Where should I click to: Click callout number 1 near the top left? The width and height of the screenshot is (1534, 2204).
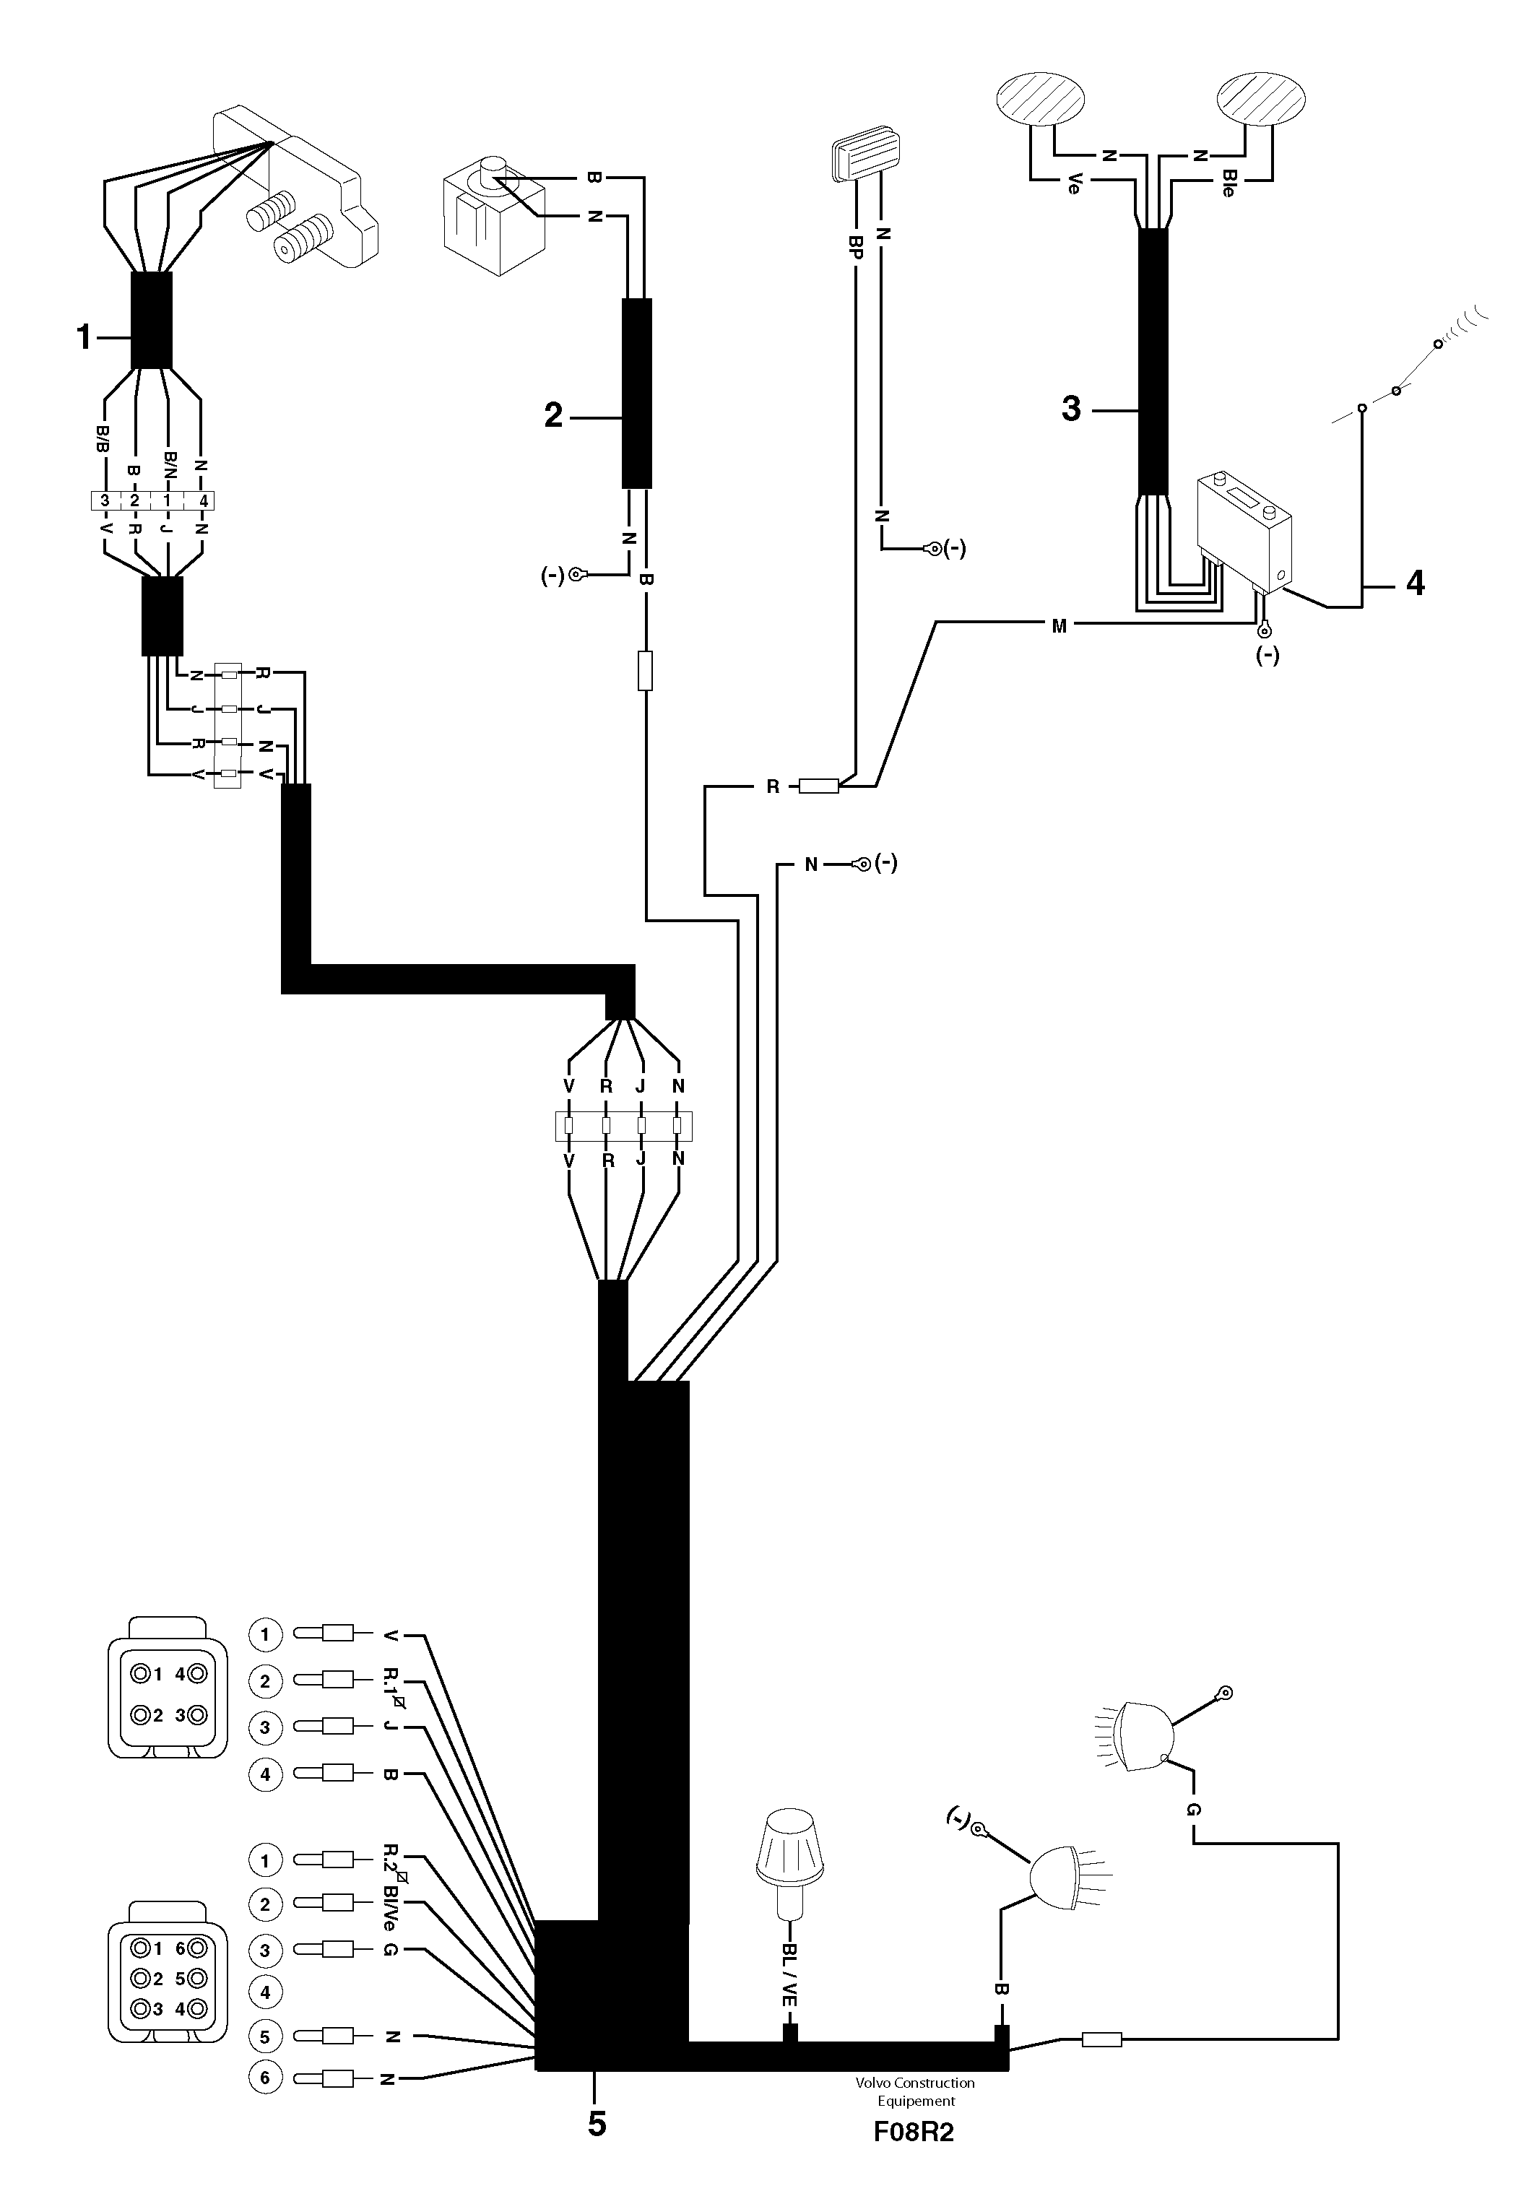coord(84,337)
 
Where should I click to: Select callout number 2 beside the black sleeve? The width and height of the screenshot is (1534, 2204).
coord(553,416)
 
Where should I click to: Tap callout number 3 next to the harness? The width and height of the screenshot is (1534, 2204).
coord(1071,409)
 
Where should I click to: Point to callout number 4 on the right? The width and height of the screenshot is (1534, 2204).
coord(1415,583)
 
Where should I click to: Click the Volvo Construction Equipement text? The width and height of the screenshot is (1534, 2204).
coord(915,2091)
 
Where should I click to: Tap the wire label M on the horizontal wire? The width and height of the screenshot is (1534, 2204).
coord(1059,627)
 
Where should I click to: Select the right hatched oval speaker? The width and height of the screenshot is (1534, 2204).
coord(1262,99)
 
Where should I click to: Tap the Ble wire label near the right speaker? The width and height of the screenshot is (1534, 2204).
coord(1228,184)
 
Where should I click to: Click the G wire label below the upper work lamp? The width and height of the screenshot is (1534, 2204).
coord(1193,1810)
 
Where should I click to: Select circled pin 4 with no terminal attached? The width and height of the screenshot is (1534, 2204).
coord(265,1993)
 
